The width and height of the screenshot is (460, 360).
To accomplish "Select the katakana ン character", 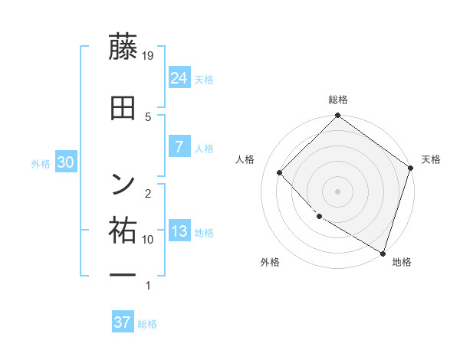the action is point(123,183).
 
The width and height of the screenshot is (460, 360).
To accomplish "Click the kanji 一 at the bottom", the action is point(123,273).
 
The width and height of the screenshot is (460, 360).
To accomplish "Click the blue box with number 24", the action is point(179,77).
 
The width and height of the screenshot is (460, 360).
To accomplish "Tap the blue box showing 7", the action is point(179,146).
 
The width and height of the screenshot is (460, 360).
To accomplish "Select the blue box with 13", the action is point(179,231).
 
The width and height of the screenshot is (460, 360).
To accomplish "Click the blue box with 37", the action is point(123,322).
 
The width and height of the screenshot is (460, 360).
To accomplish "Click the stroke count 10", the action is point(149,239).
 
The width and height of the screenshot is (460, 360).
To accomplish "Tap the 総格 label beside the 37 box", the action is point(148,324).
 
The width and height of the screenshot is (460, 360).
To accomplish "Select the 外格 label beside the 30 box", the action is point(41,163).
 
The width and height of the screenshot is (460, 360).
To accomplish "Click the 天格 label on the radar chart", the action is point(431,159).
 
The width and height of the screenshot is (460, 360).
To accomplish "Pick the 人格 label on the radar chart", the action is point(245,159).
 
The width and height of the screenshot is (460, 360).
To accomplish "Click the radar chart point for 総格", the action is point(337,116).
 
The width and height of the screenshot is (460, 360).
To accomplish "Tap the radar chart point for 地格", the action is point(383,252).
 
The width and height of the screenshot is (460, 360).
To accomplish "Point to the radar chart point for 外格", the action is point(319,217).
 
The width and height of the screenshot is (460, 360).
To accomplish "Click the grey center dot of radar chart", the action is point(337,191).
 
